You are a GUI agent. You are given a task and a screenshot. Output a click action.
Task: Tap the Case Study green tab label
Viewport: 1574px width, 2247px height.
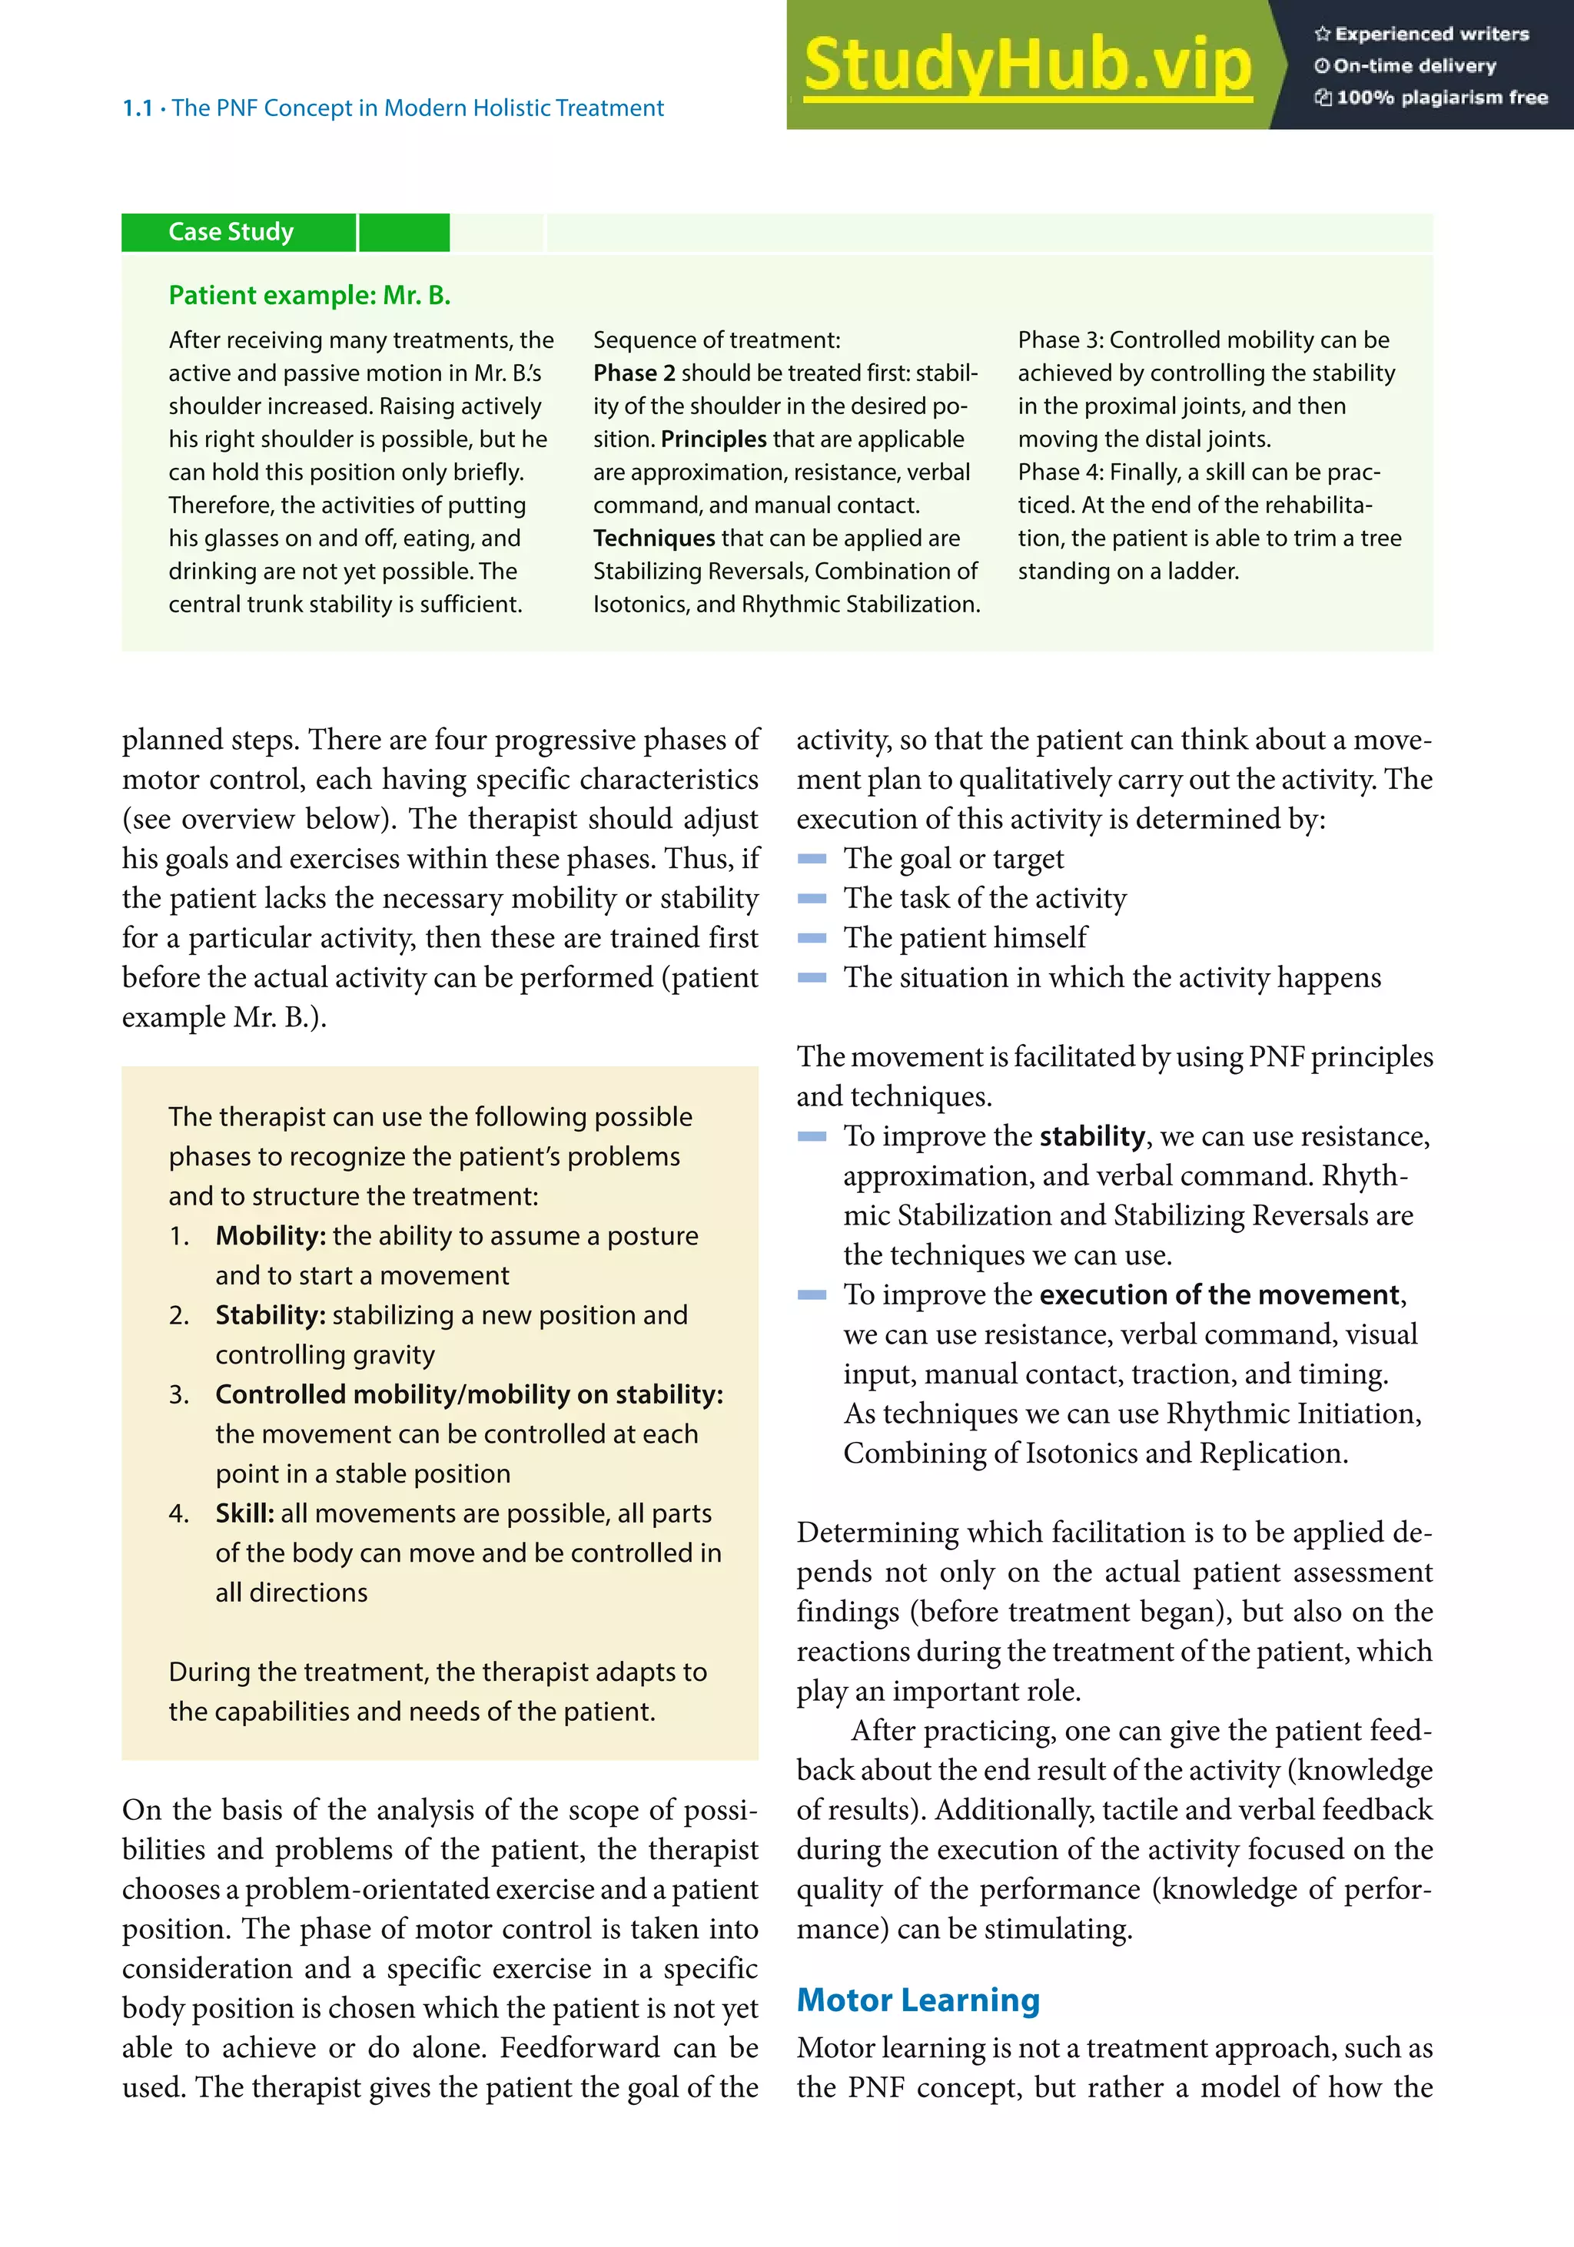pyautogui.click(x=231, y=232)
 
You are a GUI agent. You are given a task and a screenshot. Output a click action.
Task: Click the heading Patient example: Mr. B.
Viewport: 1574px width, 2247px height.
pyautogui.click(x=309, y=296)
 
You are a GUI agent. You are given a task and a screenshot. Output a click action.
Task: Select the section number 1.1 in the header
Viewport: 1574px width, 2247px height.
pyautogui.click(x=137, y=108)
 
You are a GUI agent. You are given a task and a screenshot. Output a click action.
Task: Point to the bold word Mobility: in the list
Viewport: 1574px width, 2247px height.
pyautogui.click(x=271, y=1236)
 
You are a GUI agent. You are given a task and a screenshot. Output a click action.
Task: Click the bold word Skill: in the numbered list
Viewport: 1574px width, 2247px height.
pyautogui.click(x=244, y=1513)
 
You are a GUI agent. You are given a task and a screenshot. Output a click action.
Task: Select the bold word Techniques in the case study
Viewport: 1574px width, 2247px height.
pyautogui.click(x=654, y=539)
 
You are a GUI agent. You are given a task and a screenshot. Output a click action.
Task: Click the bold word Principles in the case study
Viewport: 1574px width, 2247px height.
pyautogui.click(x=713, y=439)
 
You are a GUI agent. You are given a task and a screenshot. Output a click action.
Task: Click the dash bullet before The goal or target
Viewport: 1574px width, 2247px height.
pyautogui.click(x=812, y=860)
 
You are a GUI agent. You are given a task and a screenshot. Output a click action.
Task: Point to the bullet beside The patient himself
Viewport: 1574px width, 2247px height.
pyautogui.click(x=812, y=939)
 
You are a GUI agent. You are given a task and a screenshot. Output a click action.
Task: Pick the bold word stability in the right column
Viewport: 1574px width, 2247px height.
pyautogui.click(x=1091, y=1136)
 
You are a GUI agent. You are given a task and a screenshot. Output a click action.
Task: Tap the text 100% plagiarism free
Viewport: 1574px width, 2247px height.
pyautogui.click(x=1441, y=98)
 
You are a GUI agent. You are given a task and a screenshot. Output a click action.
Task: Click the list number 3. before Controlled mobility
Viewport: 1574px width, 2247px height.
pyautogui.click(x=178, y=1394)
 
